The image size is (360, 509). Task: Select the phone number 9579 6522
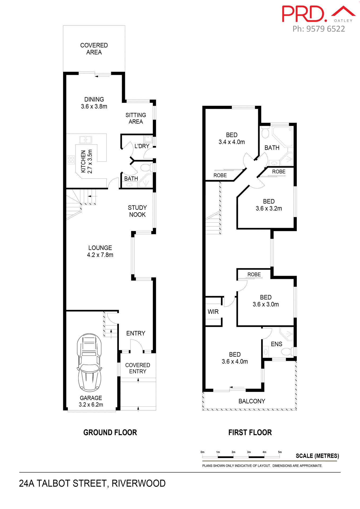[x=326, y=29]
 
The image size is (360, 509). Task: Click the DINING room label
[x=94, y=99]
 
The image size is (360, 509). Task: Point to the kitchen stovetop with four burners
[x=71, y=160]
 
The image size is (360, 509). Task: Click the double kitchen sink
[x=85, y=140]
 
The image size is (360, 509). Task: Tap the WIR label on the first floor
[x=213, y=312]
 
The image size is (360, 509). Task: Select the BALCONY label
[x=251, y=401]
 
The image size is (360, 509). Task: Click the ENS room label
[x=276, y=344]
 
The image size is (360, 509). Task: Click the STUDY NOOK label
[x=137, y=211]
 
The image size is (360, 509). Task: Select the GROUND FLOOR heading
[x=110, y=432]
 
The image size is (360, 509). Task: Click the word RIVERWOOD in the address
[x=138, y=483]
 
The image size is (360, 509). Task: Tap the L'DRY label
[x=142, y=146]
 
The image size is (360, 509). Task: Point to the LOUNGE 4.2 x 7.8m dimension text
[x=100, y=255]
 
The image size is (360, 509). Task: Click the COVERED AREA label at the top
[x=94, y=49]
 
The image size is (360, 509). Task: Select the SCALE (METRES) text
[x=317, y=456]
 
